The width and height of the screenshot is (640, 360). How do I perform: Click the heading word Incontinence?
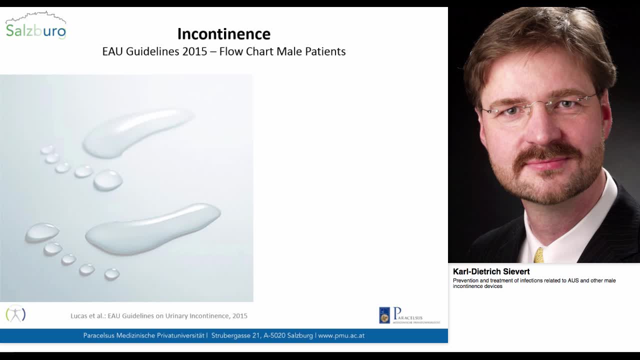tap(223, 34)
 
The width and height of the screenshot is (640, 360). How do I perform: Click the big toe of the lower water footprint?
tap(42, 232)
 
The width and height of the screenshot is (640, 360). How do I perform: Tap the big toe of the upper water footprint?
tap(107, 180)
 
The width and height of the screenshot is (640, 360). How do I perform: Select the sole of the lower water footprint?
tap(152, 228)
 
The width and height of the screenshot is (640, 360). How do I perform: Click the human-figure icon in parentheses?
tap(15, 314)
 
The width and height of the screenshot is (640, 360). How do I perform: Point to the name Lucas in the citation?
tap(80, 316)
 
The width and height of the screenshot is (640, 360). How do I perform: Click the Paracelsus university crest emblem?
tap(384, 315)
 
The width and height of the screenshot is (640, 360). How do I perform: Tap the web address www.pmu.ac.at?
tap(341, 335)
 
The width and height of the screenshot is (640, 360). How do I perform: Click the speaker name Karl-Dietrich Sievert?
tap(491, 271)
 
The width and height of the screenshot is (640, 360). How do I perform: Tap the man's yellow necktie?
tap(538, 255)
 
